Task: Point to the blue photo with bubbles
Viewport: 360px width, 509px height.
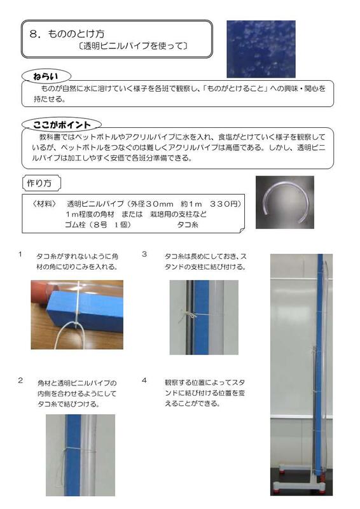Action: (x=261, y=48)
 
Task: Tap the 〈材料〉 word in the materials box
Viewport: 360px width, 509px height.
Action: (x=43, y=204)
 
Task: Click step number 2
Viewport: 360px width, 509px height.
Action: (x=20, y=380)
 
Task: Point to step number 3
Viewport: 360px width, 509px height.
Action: (x=144, y=254)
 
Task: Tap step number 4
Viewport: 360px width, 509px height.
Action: (x=144, y=380)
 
